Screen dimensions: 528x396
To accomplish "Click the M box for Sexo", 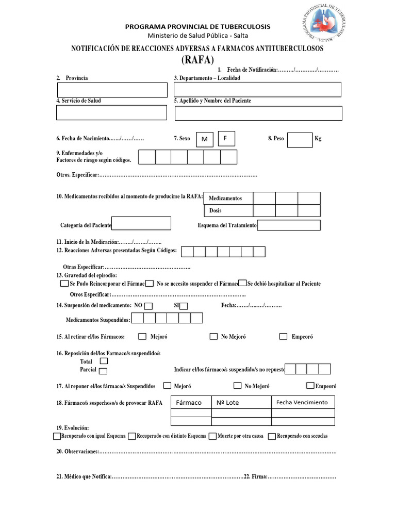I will tap(205, 139).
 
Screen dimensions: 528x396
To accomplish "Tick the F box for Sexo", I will tap(226, 138).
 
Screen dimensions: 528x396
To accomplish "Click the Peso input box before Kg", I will tap(300, 140).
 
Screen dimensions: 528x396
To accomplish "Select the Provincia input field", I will tap(112, 90).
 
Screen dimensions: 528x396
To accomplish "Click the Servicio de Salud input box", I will tap(112, 112).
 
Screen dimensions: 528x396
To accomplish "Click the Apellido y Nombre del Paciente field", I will tap(258, 113).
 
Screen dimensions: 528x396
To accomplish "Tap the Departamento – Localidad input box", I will tap(258, 90).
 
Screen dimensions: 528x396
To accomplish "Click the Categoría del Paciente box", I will tap(141, 223).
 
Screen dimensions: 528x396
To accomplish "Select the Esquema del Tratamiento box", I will tap(289, 225).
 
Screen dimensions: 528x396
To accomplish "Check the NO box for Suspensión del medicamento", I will tap(148, 306).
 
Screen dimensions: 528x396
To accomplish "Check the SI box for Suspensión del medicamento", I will tap(184, 306).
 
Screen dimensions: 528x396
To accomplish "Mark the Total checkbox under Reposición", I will tap(104, 361).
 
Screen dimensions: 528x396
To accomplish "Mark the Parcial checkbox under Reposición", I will tap(103, 371).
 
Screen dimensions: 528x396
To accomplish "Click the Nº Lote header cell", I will tap(241, 403).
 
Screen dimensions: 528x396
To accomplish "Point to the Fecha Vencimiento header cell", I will tap(303, 402).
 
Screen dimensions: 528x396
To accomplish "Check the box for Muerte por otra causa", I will tap(212, 436).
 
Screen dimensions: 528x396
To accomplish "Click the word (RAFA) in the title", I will tap(197, 60).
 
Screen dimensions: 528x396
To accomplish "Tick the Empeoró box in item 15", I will tap(283, 337).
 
